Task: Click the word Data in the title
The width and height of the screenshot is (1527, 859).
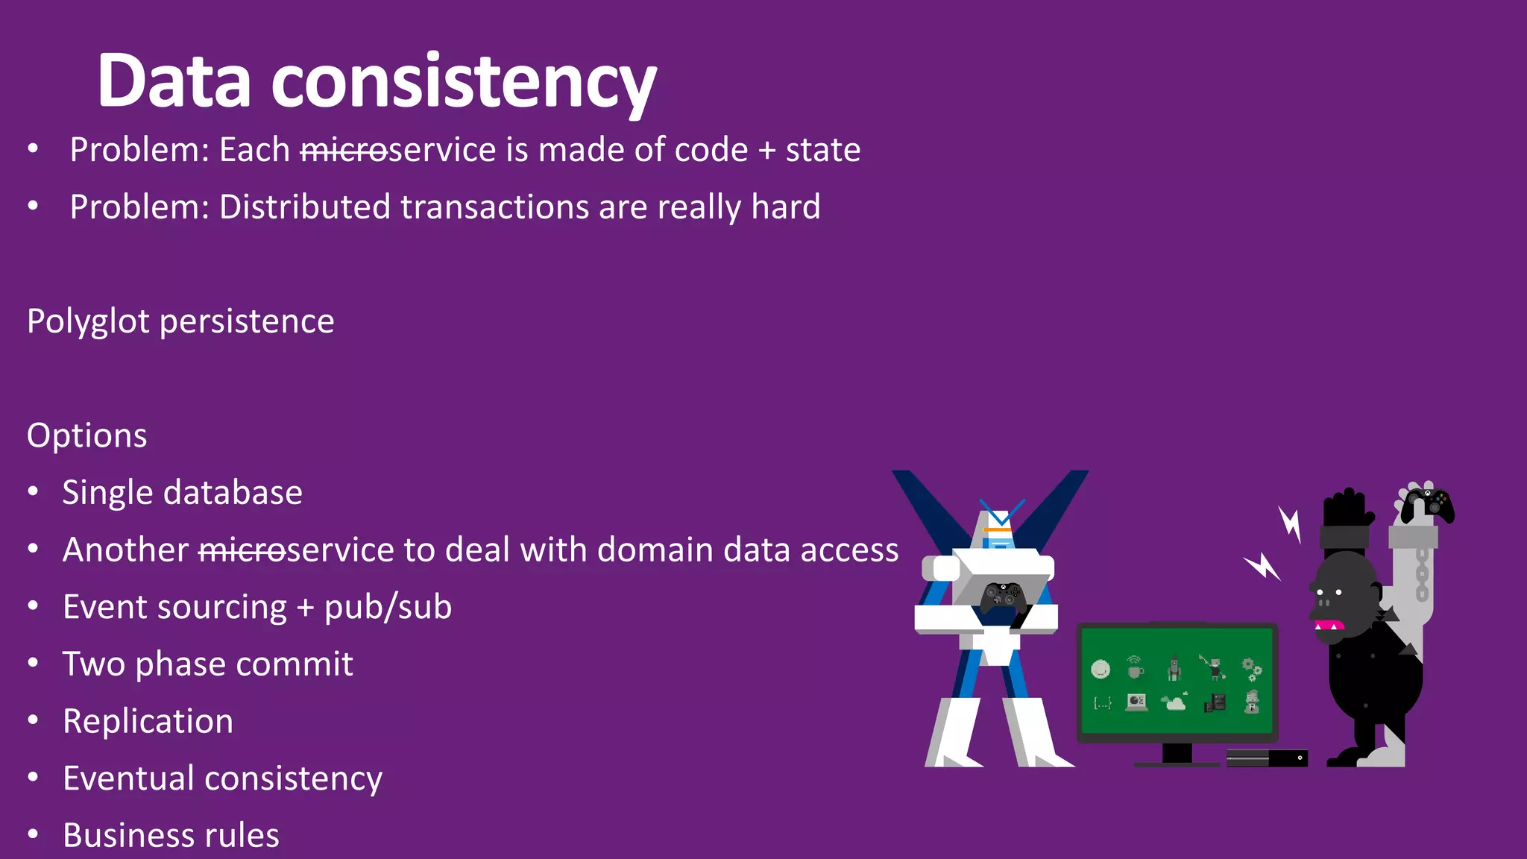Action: pos(174,81)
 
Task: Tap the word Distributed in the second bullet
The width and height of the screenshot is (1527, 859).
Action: pos(304,207)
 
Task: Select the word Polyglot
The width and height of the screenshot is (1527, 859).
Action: pos(89,322)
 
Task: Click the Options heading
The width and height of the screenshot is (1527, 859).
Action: pos(87,435)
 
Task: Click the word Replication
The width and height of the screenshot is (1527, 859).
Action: pos(148,721)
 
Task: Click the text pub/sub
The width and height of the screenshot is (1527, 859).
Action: pos(388,607)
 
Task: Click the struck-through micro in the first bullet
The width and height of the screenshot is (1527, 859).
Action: pos(344,150)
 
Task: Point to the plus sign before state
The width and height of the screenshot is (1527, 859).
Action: pos(766,150)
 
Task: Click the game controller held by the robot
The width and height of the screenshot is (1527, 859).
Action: pos(1001,597)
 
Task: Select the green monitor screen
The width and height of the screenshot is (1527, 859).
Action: pos(1177,680)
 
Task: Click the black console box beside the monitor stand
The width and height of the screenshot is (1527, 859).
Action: pos(1267,758)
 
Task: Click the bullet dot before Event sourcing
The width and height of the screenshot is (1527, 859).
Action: pos(33,607)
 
